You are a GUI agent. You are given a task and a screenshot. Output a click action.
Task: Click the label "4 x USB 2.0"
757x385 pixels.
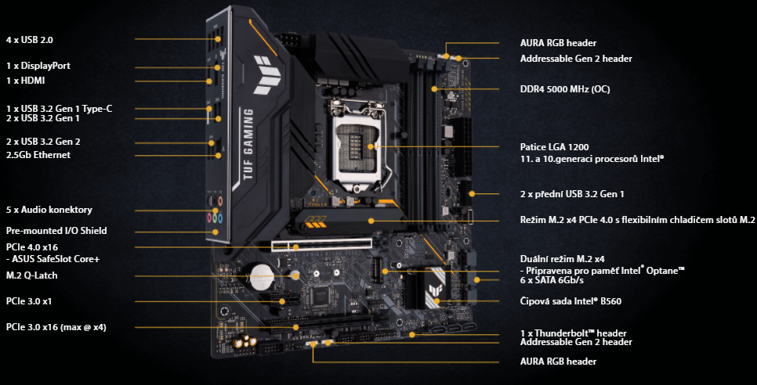[x=29, y=38]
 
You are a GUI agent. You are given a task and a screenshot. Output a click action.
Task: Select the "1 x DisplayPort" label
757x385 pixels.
[x=38, y=66]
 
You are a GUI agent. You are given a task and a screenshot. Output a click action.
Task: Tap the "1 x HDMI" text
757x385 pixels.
[x=25, y=81]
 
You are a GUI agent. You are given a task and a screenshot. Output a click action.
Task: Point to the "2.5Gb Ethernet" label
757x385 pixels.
[x=38, y=155]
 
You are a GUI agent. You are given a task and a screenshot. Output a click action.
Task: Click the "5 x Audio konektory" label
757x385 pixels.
[x=49, y=210]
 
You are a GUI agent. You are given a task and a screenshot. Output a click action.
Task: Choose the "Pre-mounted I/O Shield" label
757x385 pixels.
[x=56, y=231]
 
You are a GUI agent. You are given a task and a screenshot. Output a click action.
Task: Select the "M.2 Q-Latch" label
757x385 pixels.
[x=31, y=275]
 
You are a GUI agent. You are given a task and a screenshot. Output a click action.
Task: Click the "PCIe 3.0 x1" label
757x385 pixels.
[x=29, y=300]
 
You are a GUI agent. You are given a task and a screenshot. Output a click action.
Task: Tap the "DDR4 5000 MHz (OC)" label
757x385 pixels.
[x=565, y=89]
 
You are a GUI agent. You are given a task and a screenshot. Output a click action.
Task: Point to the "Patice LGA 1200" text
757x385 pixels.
[x=554, y=146]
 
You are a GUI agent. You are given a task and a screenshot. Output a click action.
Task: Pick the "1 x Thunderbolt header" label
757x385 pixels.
[x=572, y=333]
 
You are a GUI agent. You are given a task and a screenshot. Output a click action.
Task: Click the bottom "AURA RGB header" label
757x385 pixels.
[x=558, y=362]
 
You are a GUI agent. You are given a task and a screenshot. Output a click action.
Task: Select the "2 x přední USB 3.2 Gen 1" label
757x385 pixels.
[x=578, y=193]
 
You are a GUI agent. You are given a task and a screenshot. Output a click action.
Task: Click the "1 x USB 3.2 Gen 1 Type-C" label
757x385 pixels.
[x=59, y=108]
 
